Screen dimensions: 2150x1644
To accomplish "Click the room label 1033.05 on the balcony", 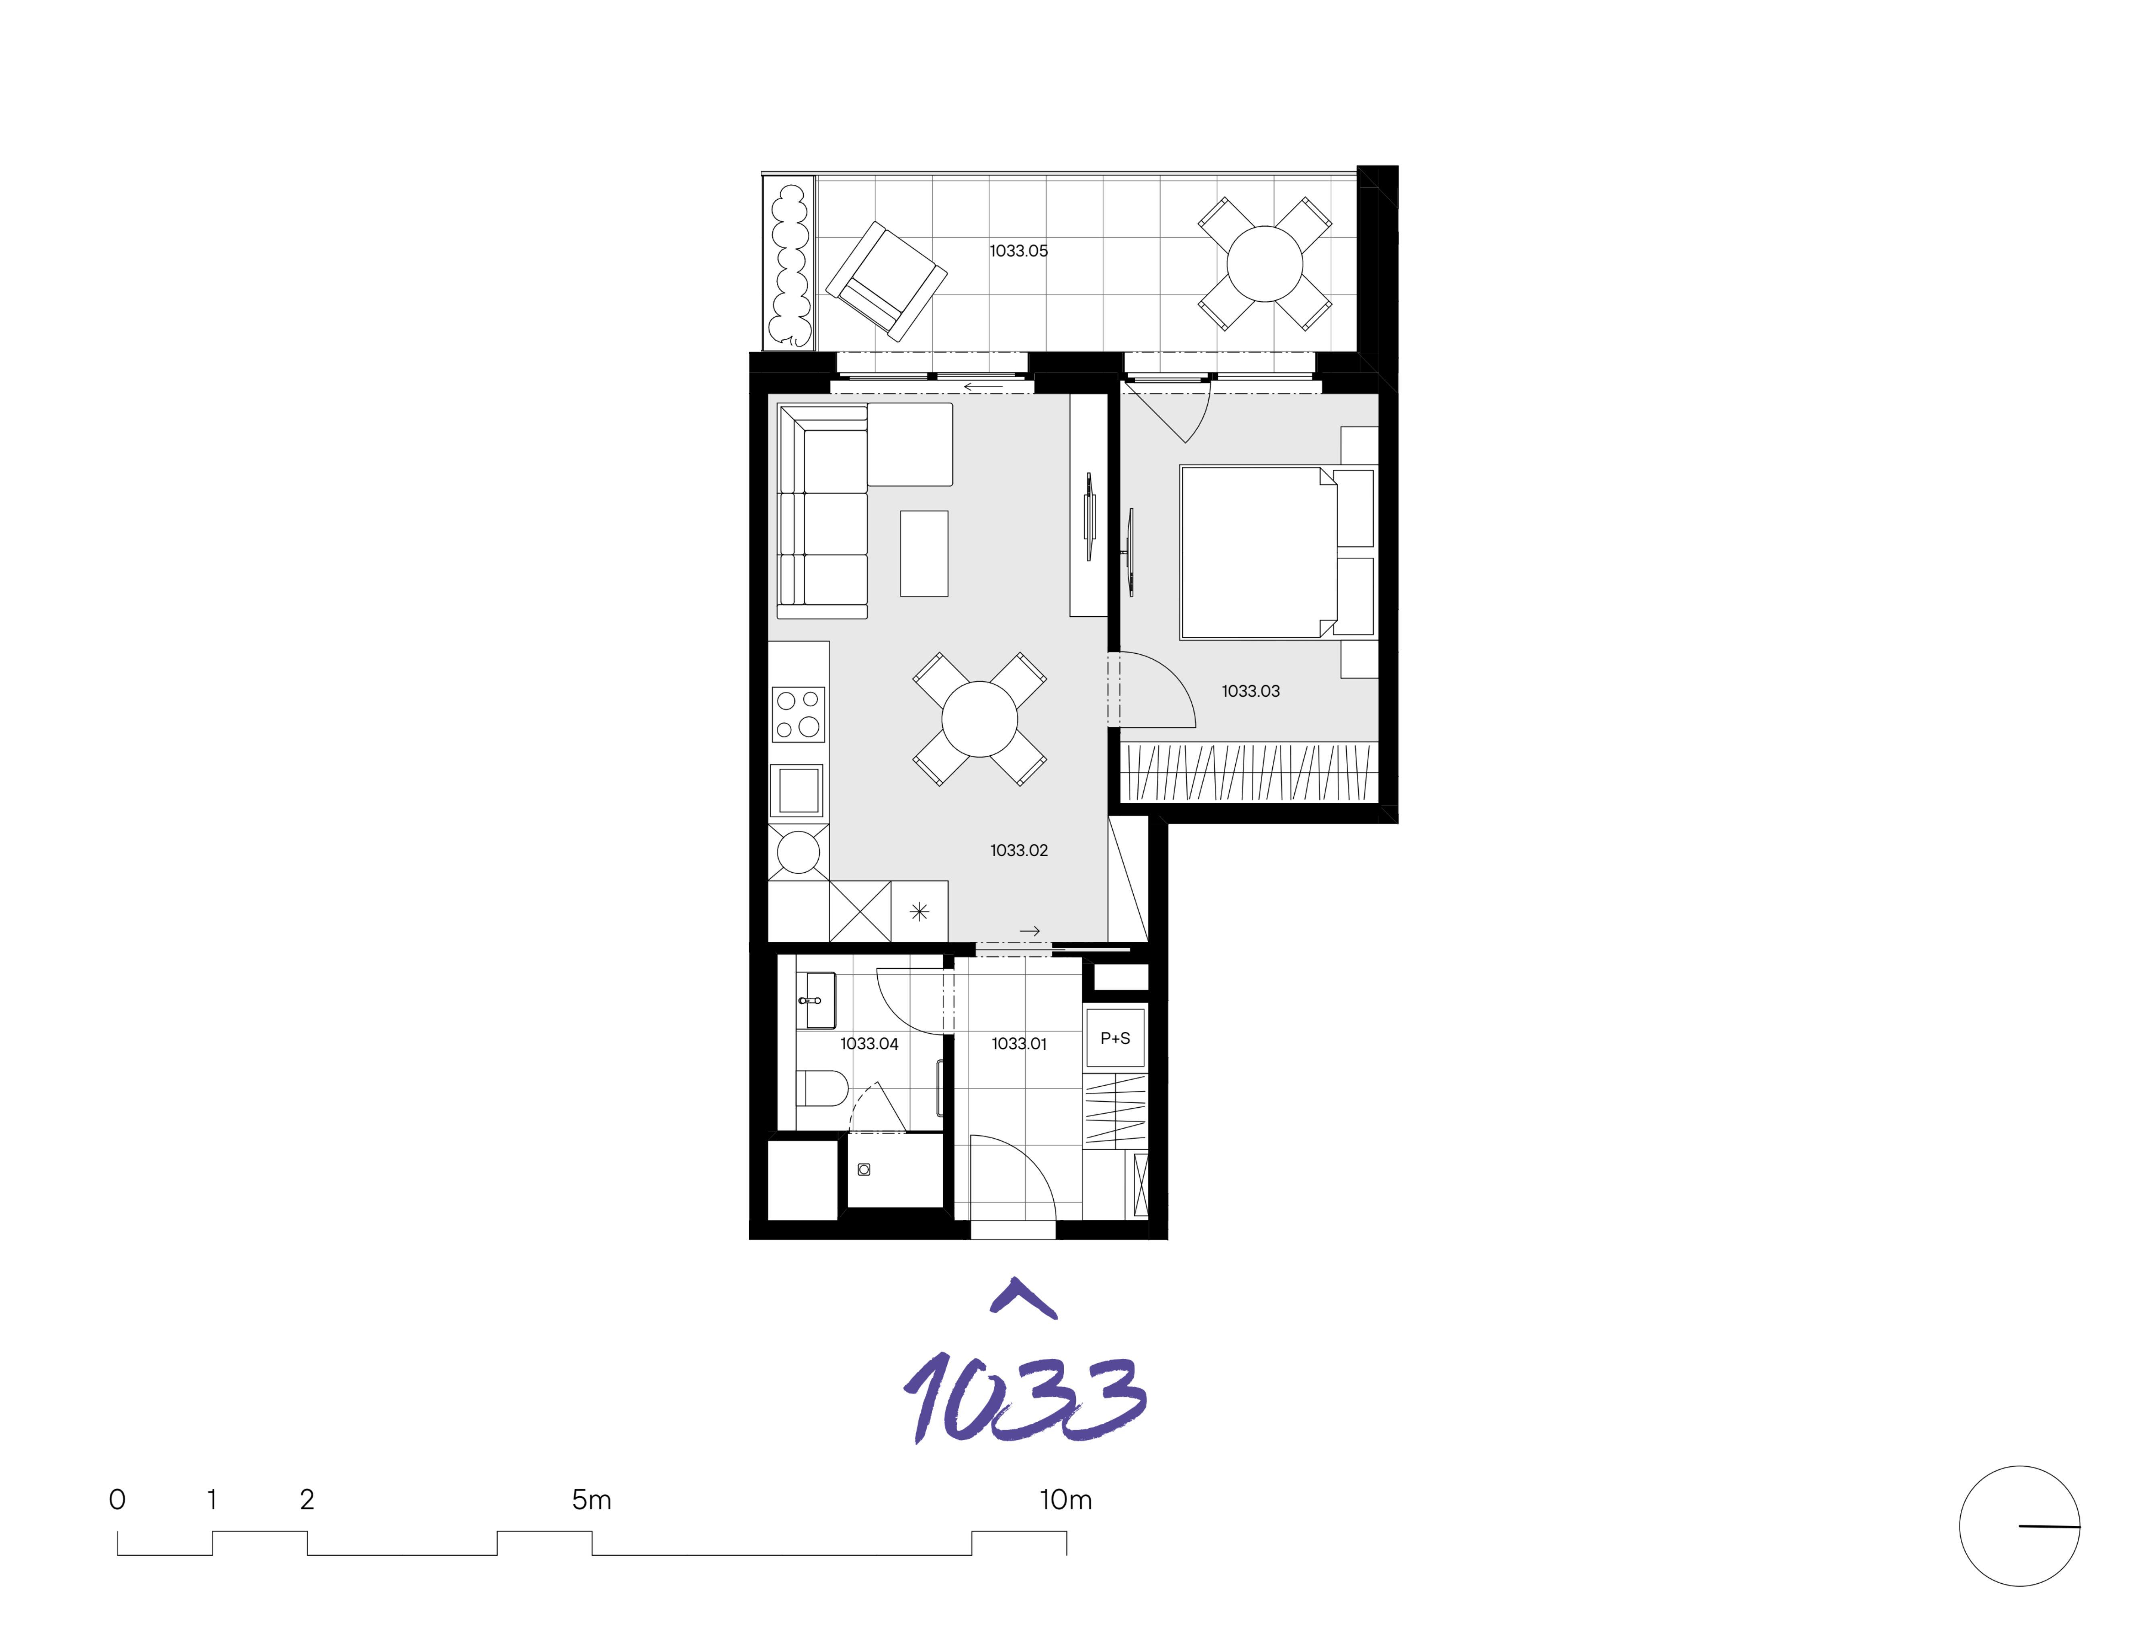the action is [1018, 251].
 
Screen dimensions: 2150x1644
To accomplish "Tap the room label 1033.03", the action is [1250, 691].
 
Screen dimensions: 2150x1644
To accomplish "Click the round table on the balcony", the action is [1264, 263].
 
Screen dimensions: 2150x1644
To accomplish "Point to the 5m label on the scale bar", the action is [591, 1499].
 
